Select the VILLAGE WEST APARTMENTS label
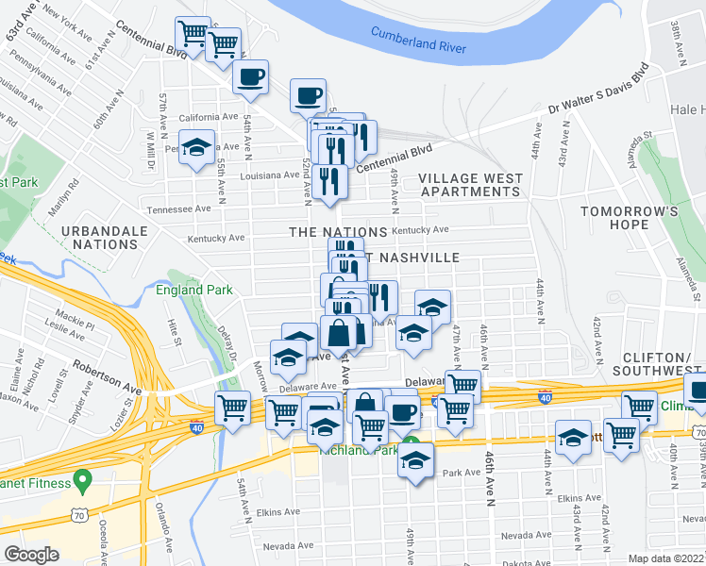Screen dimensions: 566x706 coord(469,185)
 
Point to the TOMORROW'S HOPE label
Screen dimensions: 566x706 coord(629,218)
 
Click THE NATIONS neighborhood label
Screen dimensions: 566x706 coord(337,232)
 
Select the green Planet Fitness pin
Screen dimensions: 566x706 coord(82,481)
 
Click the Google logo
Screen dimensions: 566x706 coord(32,554)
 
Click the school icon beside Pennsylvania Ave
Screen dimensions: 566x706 coord(197,149)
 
